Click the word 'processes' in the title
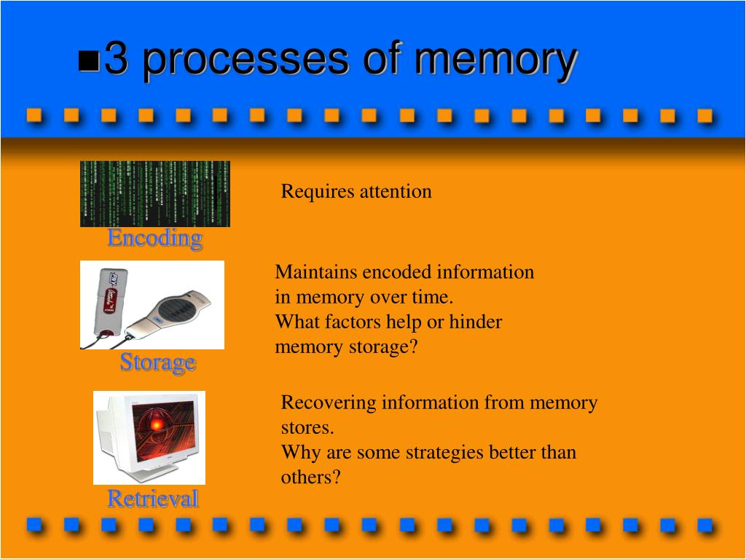tap(246, 61)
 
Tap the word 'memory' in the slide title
tap(496, 61)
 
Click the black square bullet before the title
tap(89, 62)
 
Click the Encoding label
tap(154, 238)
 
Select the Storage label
tap(157, 362)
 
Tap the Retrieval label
tap(153, 499)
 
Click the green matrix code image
tap(154, 194)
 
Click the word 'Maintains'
tap(316, 272)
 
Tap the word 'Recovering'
tap(328, 403)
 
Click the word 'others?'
tap(311, 477)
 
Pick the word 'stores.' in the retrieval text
tap(307, 427)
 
